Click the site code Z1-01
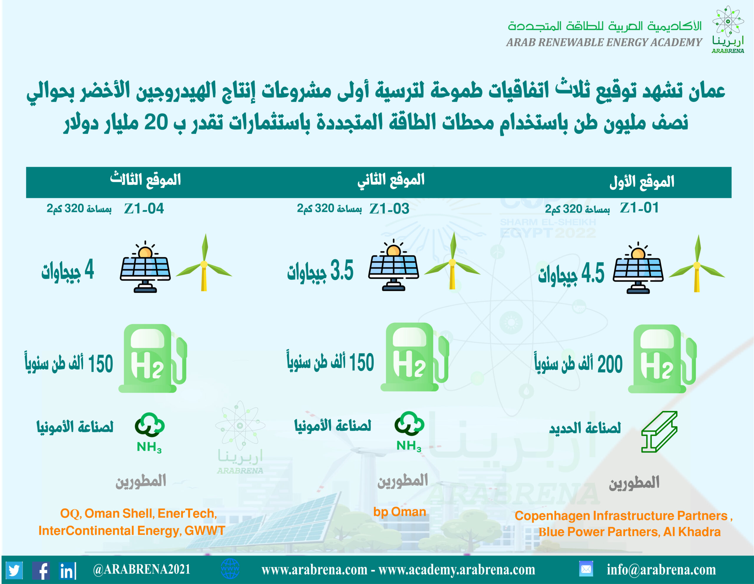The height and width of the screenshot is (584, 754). click(639, 208)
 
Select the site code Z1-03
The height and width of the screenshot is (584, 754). click(389, 209)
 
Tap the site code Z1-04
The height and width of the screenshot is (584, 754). click(144, 209)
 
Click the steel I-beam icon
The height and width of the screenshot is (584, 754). click(659, 431)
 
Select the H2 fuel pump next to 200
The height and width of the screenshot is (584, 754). click(662, 359)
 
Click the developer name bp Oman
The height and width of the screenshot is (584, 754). click(399, 512)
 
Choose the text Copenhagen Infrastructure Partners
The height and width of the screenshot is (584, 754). click(621, 515)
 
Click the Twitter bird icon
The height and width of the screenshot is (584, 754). click(14, 570)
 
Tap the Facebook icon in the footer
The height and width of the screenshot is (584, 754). click(41, 570)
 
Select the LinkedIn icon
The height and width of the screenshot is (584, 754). click(68, 570)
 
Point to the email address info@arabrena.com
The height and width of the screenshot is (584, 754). click(661, 570)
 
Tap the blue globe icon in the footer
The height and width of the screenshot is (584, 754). click(230, 569)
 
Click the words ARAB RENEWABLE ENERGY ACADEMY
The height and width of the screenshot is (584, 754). click(604, 42)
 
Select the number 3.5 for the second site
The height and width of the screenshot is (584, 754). click(342, 270)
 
